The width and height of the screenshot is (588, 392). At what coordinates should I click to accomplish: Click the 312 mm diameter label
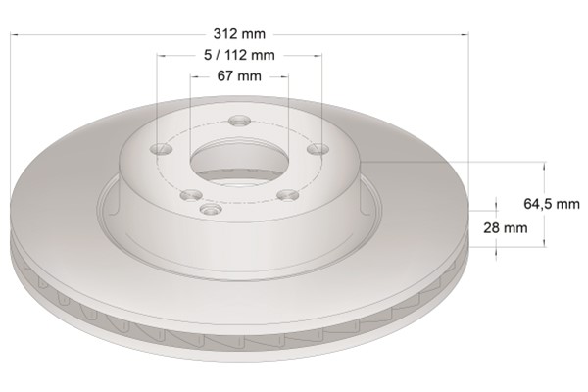(239, 34)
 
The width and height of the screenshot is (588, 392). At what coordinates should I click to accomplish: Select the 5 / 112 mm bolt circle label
(239, 55)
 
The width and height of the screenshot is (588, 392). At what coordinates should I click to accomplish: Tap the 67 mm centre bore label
(239, 76)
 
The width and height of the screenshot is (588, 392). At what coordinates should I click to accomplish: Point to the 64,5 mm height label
(552, 204)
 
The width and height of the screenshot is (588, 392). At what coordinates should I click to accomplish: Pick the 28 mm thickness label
(506, 227)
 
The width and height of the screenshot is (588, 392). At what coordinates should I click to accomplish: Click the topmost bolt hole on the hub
(240, 121)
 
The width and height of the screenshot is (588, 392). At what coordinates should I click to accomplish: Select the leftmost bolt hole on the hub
(161, 149)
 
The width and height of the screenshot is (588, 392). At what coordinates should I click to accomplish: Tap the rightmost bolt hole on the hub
(318, 149)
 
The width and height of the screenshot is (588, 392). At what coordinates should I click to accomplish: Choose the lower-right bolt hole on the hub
(288, 195)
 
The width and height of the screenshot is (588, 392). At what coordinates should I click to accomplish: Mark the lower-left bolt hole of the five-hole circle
(191, 195)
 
